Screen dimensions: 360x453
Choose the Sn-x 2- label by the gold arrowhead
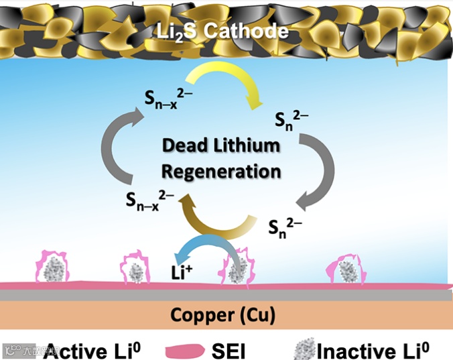(x=149, y=198)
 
